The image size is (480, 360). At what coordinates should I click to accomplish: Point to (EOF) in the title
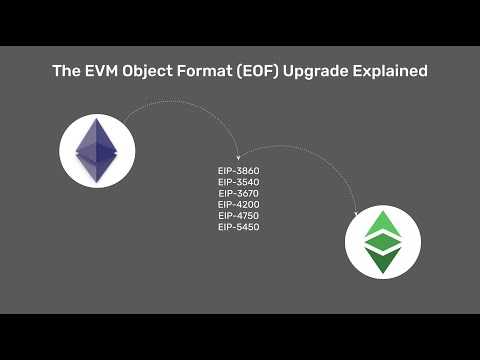(265, 72)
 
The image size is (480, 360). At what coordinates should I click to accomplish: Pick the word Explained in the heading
(397, 72)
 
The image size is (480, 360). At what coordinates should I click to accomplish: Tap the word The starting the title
(65, 72)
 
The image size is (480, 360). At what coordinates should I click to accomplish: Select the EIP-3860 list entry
(239, 171)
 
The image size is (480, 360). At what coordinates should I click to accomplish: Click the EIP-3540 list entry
(239, 182)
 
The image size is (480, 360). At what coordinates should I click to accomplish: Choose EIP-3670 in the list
(239, 193)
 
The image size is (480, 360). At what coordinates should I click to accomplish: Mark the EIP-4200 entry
(239, 205)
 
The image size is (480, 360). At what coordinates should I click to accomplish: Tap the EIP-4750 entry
(239, 216)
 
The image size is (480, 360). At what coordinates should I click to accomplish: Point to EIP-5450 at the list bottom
(239, 227)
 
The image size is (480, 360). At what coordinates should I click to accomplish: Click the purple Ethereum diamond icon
(97, 152)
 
